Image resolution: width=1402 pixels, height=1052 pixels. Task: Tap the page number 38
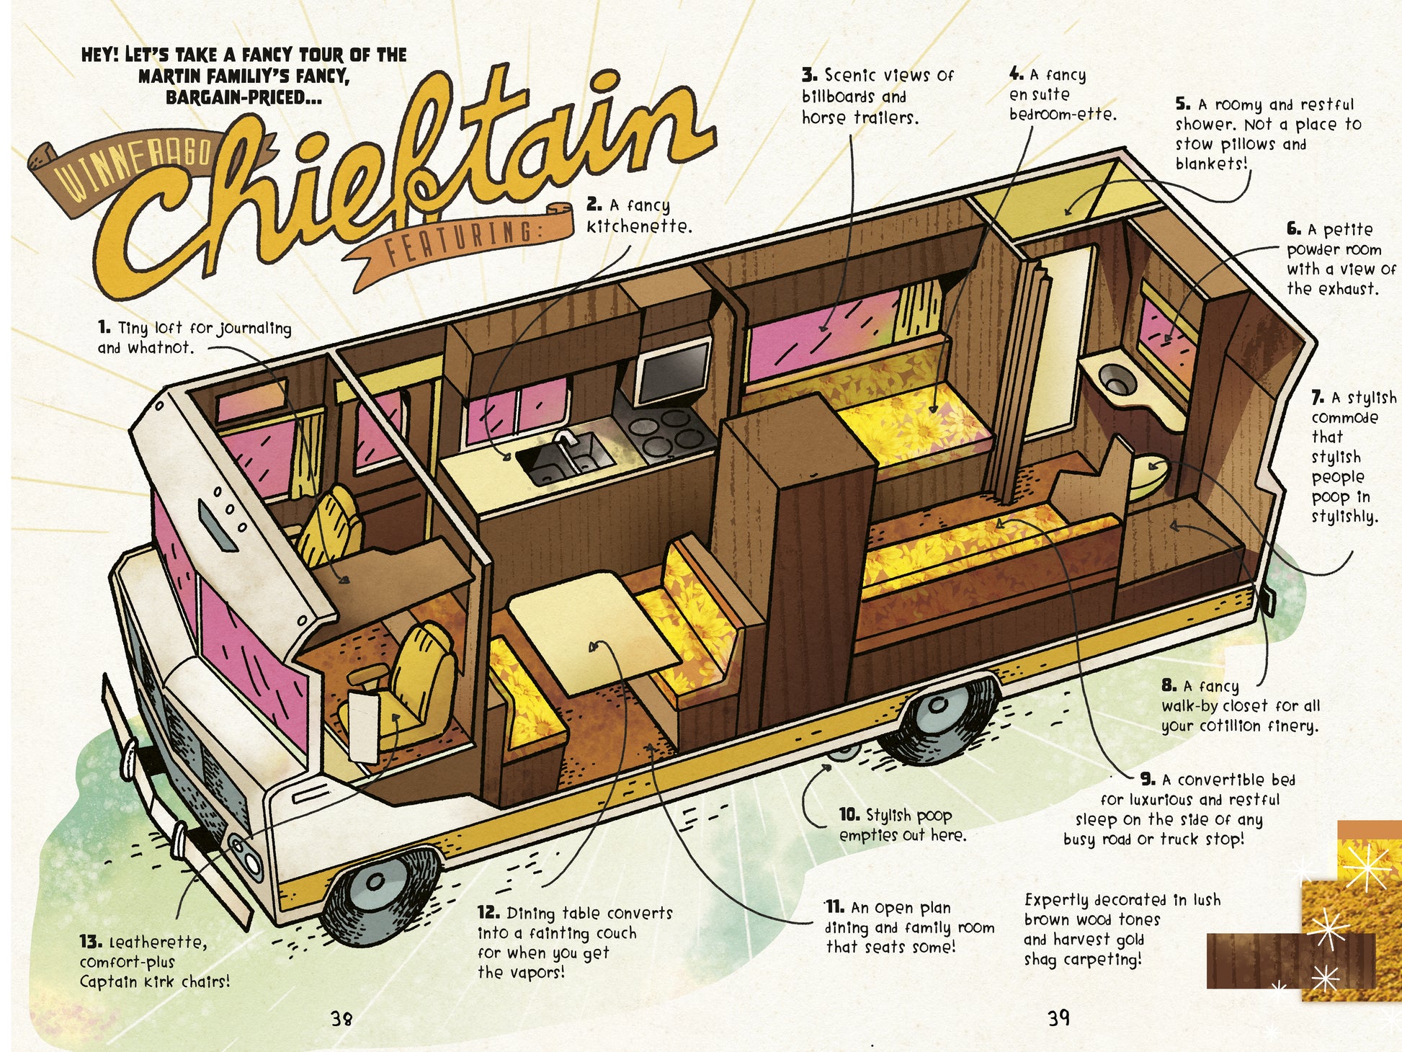point(341,1018)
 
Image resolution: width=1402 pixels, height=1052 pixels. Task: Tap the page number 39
point(1058,1017)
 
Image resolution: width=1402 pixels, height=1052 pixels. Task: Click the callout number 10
point(849,815)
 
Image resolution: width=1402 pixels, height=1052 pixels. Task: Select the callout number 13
point(91,942)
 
